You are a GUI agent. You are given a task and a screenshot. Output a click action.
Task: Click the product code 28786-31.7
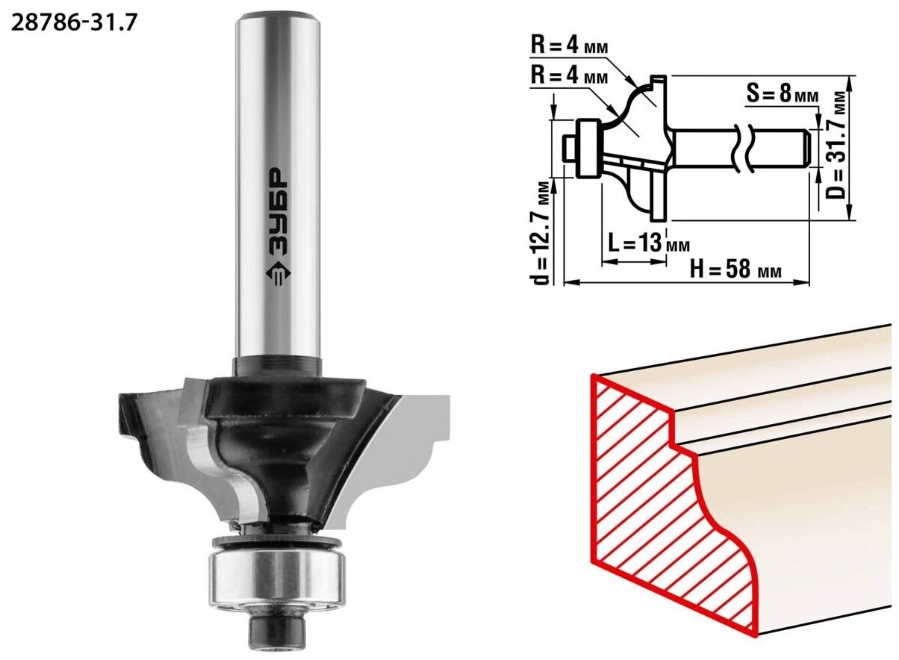pos(74,23)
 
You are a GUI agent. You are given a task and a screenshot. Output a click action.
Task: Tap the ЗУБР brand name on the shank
pos(277,212)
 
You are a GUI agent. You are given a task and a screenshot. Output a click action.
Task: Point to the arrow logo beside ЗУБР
pos(278,274)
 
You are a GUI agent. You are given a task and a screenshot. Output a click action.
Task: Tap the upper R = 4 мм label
pos(569,46)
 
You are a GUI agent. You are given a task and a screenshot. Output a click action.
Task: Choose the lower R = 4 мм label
pos(569,75)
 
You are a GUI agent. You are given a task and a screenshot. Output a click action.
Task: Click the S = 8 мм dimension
pos(782,95)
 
